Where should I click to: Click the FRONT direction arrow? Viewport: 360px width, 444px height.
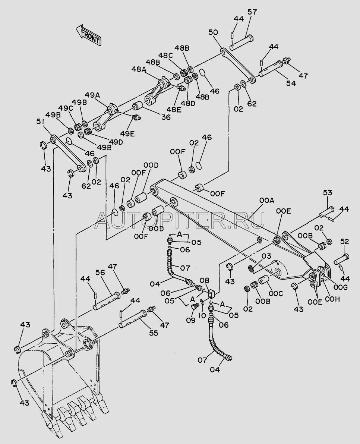(x=88, y=35)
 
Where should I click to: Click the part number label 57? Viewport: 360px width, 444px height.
(x=252, y=12)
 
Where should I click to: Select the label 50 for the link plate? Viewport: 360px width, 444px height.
(x=213, y=32)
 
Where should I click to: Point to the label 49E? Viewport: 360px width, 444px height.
(x=127, y=133)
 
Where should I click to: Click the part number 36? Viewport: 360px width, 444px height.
(x=166, y=117)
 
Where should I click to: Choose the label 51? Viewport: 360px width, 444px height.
(x=41, y=122)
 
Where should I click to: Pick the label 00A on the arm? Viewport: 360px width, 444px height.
(x=267, y=201)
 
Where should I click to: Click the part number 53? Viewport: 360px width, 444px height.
(x=328, y=193)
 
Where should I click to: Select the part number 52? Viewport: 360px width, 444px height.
(x=344, y=242)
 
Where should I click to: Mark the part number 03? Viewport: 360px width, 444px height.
(x=266, y=256)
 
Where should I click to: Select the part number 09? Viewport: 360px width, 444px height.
(x=191, y=320)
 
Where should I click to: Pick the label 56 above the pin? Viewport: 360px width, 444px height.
(x=100, y=273)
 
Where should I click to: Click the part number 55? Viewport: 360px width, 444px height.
(x=154, y=333)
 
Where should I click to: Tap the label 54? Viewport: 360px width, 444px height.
(x=291, y=83)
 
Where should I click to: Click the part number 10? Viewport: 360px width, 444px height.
(x=202, y=315)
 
